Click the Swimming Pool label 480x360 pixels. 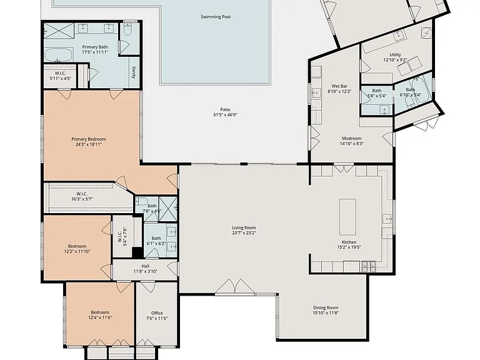[216, 17]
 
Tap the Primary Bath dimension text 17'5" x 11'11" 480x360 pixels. [95, 52]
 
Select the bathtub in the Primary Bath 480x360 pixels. [59, 55]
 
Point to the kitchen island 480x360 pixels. [347, 217]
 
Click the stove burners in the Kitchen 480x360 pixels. [369, 266]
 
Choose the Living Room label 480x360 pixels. [244, 227]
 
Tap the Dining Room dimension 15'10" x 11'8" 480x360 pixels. [326, 313]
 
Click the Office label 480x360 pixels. [157, 313]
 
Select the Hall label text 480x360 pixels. [146, 266]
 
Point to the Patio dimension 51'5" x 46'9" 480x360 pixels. [225, 115]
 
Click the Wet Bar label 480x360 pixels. [339, 86]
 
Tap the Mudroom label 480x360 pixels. [352, 138]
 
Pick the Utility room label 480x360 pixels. [395, 55]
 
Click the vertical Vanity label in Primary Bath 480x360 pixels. [134, 72]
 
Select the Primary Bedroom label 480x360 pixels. [89, 139]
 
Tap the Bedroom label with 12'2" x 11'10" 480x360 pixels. [77, 246]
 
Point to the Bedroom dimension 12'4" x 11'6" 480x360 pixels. [100, 317]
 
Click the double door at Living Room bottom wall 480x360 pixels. [235, 287]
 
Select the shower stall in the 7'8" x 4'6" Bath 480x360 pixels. [167, 209]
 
